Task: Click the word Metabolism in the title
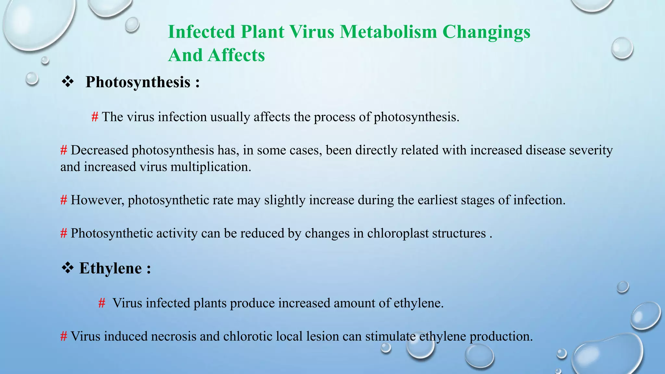[388, 32]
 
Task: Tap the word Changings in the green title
[486, 32]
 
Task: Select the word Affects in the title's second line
[236, 55]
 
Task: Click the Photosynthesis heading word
[138, 82]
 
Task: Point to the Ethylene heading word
[110, 268]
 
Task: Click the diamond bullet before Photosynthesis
[68, 82]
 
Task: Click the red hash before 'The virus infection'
[95, 117]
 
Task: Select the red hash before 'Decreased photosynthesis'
[64, 150]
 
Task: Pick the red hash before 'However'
[64, 200]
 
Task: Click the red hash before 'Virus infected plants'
[102, 303]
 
